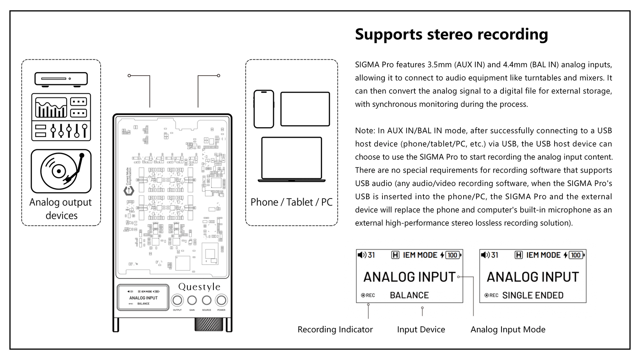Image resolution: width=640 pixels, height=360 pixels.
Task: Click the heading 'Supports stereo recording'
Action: point(451,34)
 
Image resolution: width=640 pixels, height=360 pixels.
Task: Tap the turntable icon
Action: point(61,171)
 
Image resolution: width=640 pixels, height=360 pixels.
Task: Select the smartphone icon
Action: point(264,109)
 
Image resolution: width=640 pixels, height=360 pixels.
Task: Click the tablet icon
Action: point(305,109)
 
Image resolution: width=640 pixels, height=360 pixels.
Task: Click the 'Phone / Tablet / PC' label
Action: point(292,202)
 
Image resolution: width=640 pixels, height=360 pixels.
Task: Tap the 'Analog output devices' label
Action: point(61,209)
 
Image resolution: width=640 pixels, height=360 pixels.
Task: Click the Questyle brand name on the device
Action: point(199,287)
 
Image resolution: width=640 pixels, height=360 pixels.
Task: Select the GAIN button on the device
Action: point(192,300)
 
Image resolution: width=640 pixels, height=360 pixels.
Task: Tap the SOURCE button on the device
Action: point(206,300)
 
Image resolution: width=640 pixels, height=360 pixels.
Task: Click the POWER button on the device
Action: point(221,300)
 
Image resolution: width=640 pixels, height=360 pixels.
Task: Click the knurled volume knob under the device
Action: point(209,325)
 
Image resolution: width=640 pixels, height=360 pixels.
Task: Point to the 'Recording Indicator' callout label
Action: point(335,330)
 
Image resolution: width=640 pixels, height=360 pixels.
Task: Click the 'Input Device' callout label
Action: point(421,330)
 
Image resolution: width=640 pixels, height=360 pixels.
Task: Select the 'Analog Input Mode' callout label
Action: point(508,330)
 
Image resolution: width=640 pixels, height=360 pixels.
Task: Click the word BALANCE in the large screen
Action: point(409,295)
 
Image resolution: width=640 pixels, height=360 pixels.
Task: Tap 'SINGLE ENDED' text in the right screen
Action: point(533,295)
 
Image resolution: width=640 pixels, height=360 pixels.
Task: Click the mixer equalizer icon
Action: point(61,117)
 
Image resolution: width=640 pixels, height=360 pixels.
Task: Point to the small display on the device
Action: point(143,298)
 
